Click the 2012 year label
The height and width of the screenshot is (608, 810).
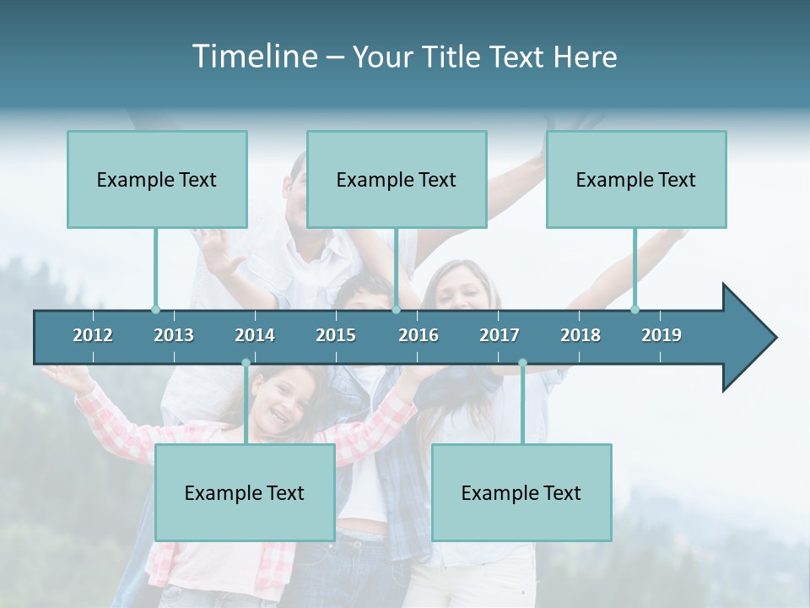click(93, 335)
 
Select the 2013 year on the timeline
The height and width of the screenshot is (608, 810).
click(174, 335)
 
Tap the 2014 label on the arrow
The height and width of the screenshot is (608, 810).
click(255, 335)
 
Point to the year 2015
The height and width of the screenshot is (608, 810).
click(336, 335)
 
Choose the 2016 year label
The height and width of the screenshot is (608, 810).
click(418, 335)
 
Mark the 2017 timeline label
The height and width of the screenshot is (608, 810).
click(499, 335)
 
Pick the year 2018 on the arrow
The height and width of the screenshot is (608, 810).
click(580, 335)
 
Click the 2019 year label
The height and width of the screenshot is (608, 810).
click(661, 335)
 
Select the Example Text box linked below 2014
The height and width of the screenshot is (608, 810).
click(245, 492)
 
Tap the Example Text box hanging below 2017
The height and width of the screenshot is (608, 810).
click(521, 492)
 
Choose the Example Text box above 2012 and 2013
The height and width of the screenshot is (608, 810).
click(157, 179)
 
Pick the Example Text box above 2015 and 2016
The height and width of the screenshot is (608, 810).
click(397, 179)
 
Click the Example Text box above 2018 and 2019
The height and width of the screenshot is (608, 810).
click(636, 179)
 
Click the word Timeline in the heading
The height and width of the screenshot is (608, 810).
click(253, 57)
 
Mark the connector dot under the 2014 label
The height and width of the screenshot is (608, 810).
click(246, 363)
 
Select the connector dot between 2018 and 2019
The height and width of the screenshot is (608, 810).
click(635, 309)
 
